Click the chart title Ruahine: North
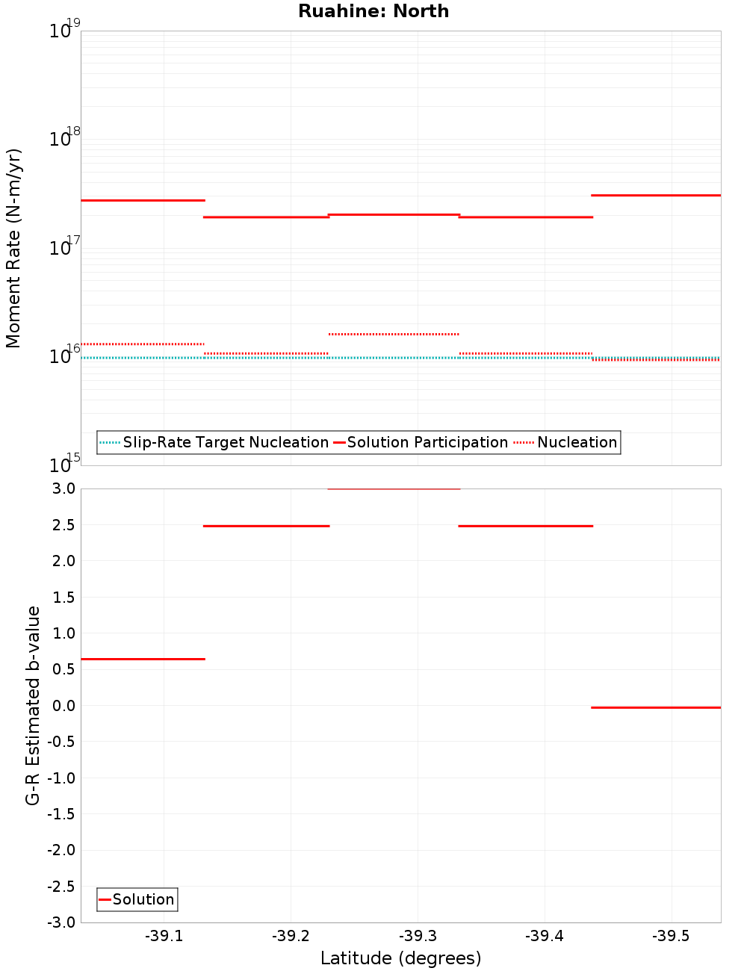(x=373, y=11)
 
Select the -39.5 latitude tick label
(x=671, y=936)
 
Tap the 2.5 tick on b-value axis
(x=64, y=525)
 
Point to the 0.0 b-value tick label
(x=64, y=706)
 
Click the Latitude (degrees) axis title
(x=400, y=958)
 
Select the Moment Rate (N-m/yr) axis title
(x=13, y=248)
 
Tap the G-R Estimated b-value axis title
(x=33, y=705)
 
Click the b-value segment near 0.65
(x=142, y=659)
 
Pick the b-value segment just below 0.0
(x=656, y=707)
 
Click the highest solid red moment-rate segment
(x=656, y=195)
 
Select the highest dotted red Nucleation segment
(x=394, y=334)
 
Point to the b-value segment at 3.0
(x=394, y=489)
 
